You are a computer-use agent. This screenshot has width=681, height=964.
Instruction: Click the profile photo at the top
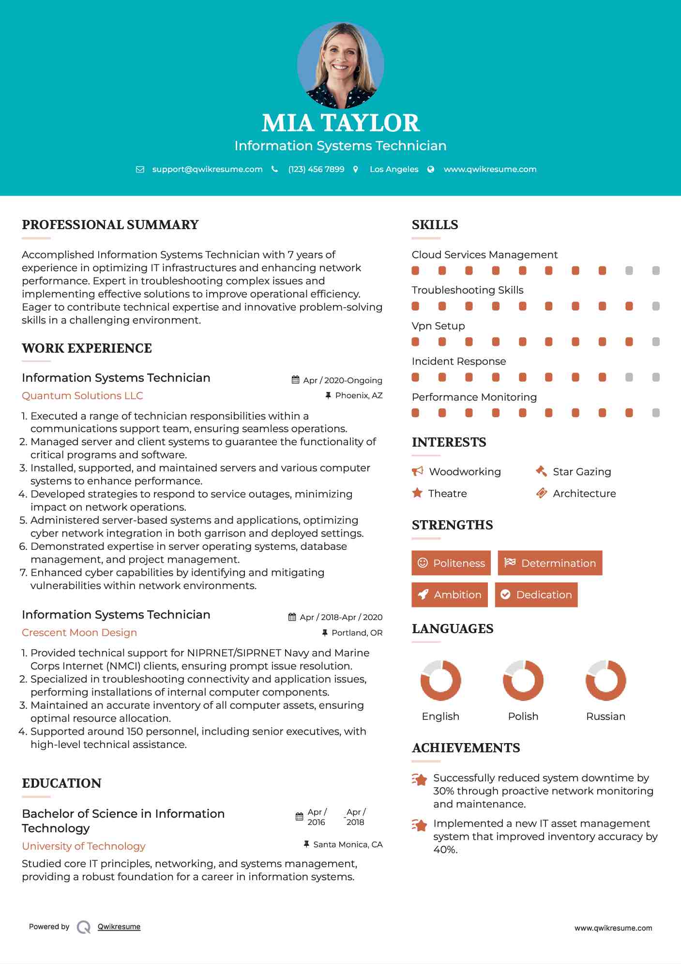point(340,65)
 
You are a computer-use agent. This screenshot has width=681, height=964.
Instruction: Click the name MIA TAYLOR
point(340,123)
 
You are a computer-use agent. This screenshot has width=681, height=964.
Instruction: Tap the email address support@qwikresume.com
point(207,170)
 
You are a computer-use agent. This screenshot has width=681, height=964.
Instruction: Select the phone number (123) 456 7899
point(316,170)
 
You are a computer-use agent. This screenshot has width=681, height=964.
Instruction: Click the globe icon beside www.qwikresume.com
point(431,170)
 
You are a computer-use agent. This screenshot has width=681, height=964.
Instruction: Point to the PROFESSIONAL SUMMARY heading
point(110,225)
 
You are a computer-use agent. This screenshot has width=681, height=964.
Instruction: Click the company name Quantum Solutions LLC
point(82,396)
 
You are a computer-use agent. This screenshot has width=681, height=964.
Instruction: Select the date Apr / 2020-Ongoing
point(342,380)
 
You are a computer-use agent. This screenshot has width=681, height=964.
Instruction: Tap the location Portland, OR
point(357,633)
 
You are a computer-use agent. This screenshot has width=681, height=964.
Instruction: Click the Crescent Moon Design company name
point(79,633)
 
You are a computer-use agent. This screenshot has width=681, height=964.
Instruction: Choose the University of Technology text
point(84,846)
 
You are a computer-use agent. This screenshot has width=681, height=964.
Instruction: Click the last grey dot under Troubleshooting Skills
point(656,306)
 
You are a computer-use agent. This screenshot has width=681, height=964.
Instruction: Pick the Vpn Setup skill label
point(438,326)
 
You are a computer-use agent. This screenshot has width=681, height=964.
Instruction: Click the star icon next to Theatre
point(417,493)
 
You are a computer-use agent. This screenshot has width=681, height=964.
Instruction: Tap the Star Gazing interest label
point(582,472)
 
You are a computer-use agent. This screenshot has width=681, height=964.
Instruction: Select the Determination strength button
point(550,563)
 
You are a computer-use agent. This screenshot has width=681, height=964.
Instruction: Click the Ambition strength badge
point(450,595)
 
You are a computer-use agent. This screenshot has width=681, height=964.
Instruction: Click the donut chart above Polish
point(523,681)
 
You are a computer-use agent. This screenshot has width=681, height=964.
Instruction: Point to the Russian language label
point(605,716)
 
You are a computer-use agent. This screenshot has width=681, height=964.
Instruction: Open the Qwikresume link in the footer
point(119,927)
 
